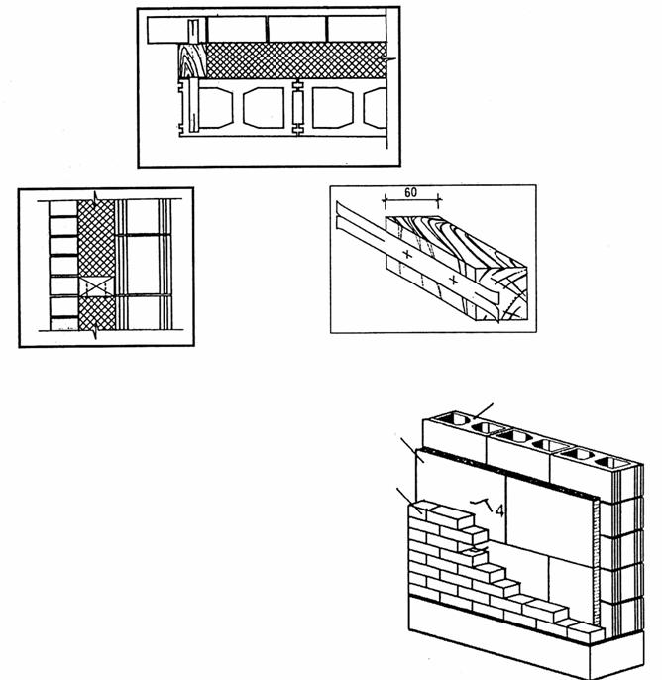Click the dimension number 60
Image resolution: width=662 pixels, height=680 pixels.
(x=410, y=192)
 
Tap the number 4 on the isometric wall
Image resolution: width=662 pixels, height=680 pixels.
(x=499, y=510)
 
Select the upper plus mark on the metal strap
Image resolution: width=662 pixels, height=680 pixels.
(x=407, y=254)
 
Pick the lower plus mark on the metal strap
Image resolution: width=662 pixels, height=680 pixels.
(x=454, y=280)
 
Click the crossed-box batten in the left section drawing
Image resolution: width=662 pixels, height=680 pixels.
(x=97, y=286)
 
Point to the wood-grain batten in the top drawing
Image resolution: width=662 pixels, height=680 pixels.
(x=192, y=60)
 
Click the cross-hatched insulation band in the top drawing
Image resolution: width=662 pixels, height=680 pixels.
(x=296, y=60)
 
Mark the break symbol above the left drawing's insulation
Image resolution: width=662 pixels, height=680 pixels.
(x=96, y=196)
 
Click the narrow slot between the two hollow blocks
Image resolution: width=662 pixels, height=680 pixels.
(x=298, y=107)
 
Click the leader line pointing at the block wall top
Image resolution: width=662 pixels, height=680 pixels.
(x=483, y=410)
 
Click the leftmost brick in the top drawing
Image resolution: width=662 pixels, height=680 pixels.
(x=167, y=30)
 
